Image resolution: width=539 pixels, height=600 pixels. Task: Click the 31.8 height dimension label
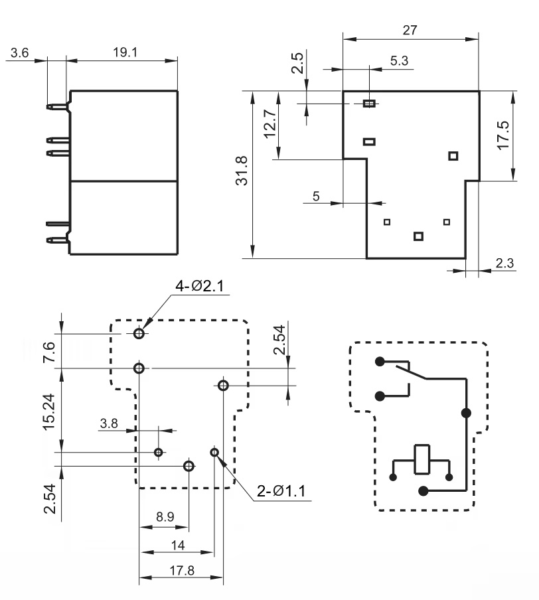click(242, 171)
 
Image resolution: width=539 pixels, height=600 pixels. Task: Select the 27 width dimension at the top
click(410, 30)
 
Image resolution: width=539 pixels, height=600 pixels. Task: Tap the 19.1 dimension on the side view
click(125, 52)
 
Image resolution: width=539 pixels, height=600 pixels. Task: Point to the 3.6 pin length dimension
click(19, 52)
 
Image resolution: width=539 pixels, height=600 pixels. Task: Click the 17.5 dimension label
click(503, 135)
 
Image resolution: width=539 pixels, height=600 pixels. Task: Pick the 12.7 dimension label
click(270, 123)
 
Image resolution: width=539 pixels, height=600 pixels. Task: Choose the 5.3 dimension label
click(400, 60)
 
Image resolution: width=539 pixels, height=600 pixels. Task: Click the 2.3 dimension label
click(504, 263)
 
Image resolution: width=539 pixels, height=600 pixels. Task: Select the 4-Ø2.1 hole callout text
click(200, 286)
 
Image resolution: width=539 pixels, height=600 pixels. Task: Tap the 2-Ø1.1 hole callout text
click(281, 491)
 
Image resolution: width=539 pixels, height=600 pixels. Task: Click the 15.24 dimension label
click(49, 412)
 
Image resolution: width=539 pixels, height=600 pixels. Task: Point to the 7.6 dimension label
click(49, 352)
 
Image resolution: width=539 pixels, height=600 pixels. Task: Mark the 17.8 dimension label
click(182, 571)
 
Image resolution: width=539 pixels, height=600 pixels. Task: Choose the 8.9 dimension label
click(165, 516)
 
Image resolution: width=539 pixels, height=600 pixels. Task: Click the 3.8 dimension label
click(109, 423)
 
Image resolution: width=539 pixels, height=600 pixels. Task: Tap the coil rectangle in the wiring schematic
click(422, 459)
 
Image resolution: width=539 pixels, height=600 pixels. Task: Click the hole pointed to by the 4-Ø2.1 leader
click(139, 333)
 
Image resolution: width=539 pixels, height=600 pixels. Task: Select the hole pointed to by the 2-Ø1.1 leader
click(214, 453)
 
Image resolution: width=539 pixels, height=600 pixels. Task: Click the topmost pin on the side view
click(58, 107)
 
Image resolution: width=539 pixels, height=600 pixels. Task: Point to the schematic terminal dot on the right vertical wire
click(466, 413)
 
